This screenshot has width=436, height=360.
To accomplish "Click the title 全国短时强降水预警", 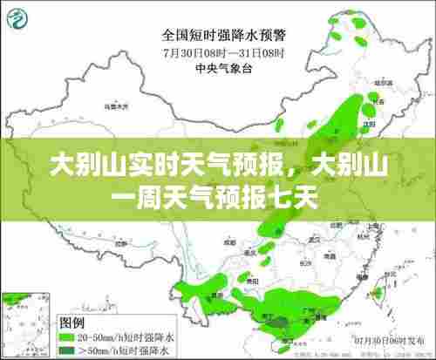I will pos(223,36).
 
